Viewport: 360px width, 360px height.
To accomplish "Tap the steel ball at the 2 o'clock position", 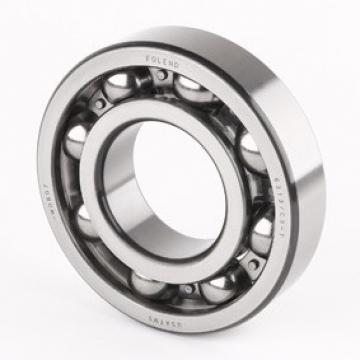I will (x=250, y=147).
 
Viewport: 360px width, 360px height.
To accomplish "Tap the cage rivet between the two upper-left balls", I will (x=97, y=107).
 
